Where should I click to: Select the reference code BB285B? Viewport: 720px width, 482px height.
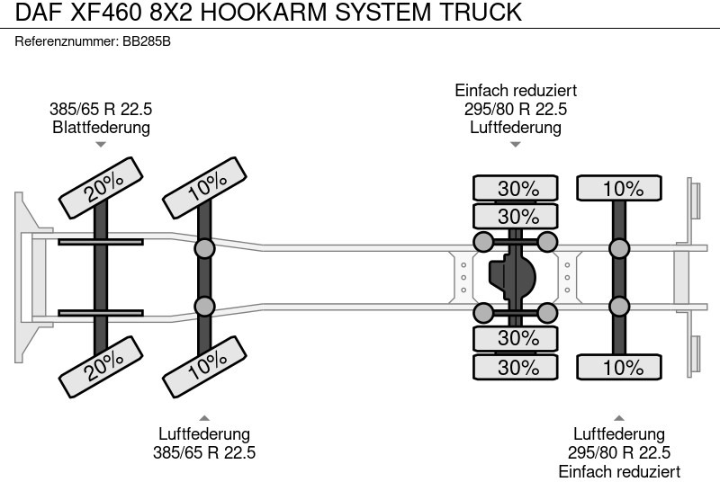[x=147, y=41]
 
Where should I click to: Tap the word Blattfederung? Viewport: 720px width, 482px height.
[x=101, y=127]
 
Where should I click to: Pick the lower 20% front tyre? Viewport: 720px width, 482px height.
[x=101, y=364]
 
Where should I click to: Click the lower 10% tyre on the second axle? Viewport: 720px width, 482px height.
[x=205, y=364]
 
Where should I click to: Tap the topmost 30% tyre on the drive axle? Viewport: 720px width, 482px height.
[x=517, y=189]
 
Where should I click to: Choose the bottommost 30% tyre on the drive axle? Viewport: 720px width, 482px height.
[x=517, y=367]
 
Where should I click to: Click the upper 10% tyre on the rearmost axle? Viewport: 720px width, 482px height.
[x=620, y=189]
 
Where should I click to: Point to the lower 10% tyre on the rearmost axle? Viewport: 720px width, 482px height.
[x=620, y=367]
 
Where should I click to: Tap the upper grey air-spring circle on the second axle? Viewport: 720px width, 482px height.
[x=205, y=249]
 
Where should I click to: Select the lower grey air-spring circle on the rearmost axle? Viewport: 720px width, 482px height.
[x=619, y=306]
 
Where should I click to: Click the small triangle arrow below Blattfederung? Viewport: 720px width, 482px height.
[x=101, y=144]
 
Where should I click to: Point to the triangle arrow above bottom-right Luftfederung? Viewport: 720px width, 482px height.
[x=619, y=417]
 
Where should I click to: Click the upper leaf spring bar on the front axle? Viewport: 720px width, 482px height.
[x=101, y=241]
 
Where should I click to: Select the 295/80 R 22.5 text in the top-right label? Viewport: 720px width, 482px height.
[x=516, y=109]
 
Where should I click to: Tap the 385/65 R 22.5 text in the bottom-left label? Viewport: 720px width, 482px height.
[x=204, y=452]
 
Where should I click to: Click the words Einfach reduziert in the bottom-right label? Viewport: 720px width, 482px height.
[x=619, y=472]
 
